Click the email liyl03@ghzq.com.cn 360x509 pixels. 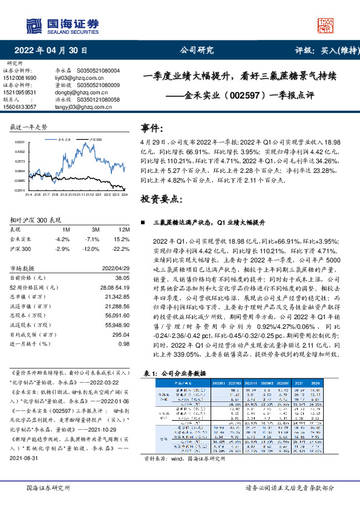(71, 79)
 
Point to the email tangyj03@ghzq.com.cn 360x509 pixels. (74, 106)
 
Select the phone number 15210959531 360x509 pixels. (20, 92)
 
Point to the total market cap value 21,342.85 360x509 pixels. (117, 297)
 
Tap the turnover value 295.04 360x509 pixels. (121, 334)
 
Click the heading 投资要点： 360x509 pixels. (161, 199)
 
